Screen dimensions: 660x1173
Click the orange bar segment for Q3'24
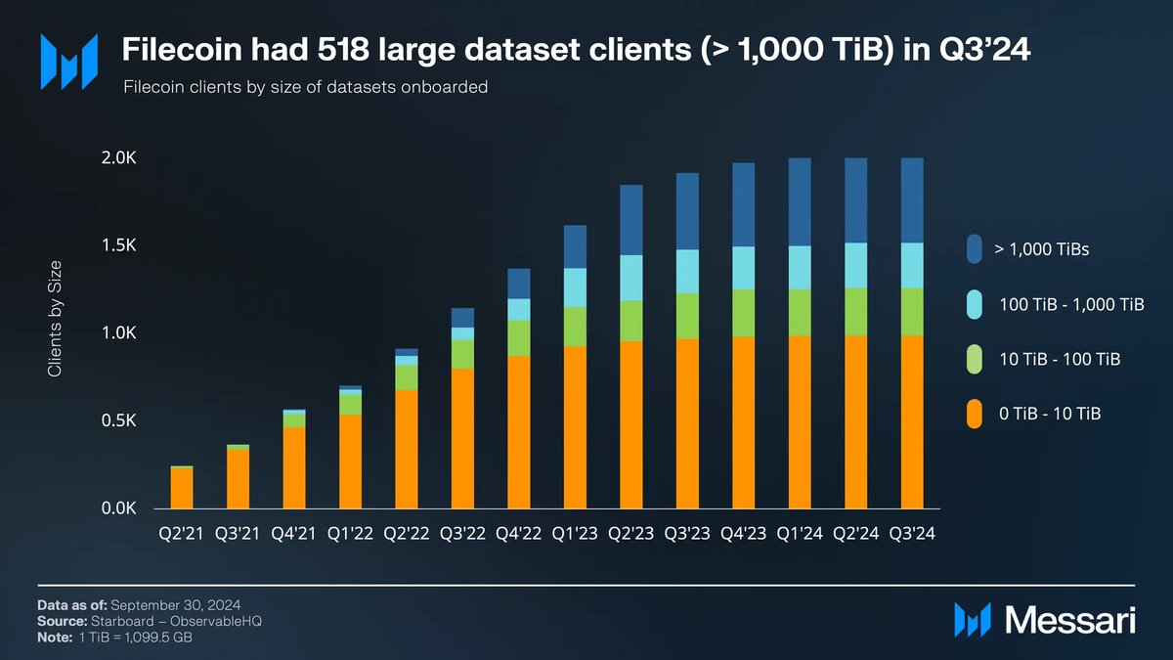coord(912,421)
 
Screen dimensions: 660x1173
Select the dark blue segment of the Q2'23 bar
coord(630,219)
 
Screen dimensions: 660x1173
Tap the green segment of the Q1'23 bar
coord(575,327)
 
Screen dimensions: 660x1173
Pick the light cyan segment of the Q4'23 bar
coord(743,267)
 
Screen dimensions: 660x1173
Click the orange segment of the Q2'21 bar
coord(182,488)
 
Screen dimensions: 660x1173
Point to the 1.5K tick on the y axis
coord(119,245)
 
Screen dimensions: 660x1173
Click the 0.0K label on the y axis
coord(119,509)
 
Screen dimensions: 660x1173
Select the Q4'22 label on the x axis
coord(518,534)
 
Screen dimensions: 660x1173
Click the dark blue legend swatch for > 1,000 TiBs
coord(974,249)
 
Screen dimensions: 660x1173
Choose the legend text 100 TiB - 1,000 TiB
coord(1069,305)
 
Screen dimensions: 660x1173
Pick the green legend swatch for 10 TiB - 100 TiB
coord(974,360)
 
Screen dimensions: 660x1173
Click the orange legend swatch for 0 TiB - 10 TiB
coord(974,415)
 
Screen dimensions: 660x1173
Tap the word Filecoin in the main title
coord(168,48)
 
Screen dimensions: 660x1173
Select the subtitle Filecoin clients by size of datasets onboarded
coord(305,87)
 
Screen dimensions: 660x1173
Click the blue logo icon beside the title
coord(68,58)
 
